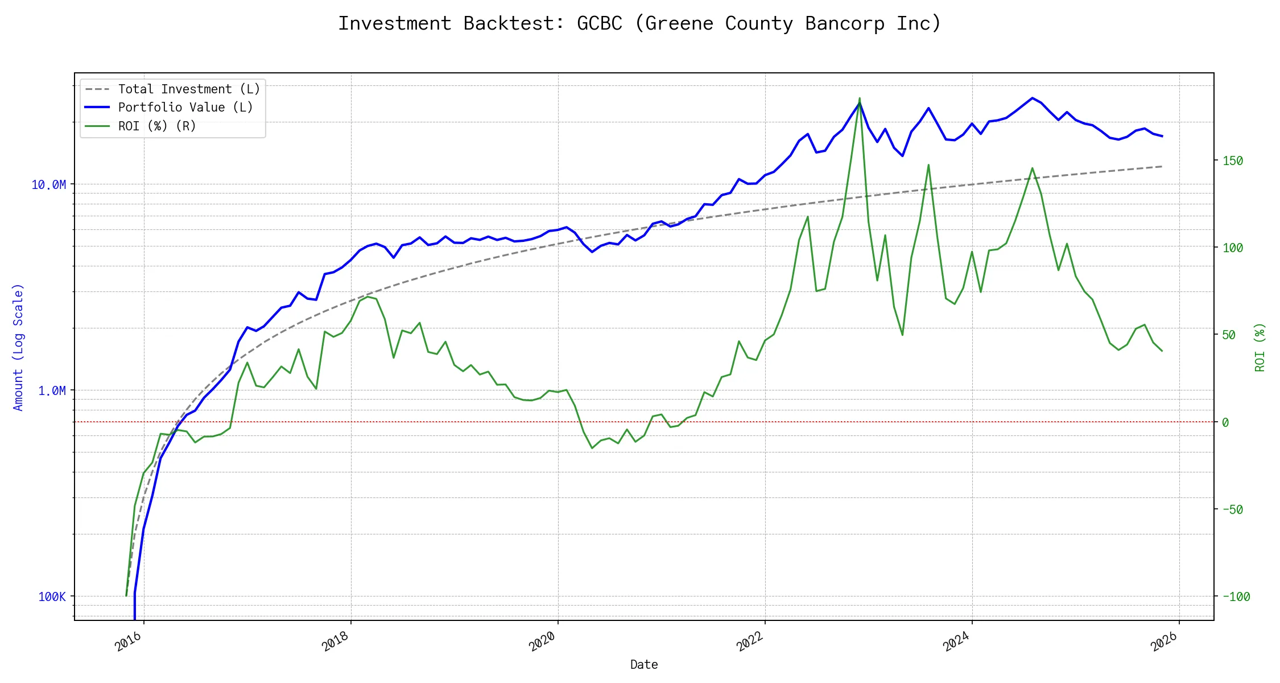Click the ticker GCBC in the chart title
point(599,24)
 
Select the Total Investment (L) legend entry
point(188,89)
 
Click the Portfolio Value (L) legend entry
point(185,108)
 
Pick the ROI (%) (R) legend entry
point(156,126)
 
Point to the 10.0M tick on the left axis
point(49,185)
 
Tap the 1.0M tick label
point(52,391)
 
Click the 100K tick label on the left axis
point(52,597)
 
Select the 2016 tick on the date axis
point(129,641)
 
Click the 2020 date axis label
point(542,641)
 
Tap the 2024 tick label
point(956,641)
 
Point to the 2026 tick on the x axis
point(1164,641)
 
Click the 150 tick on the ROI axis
point(1233,161)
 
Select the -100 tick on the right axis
point(1236,597)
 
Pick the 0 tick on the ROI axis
point(1225,422)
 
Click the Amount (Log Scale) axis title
point(18,347)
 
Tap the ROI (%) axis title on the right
point(1260,347)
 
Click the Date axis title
point(644,665)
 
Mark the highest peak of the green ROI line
point(860,98)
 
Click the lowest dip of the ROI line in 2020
point(592,448)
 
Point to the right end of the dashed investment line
point(1162,166)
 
